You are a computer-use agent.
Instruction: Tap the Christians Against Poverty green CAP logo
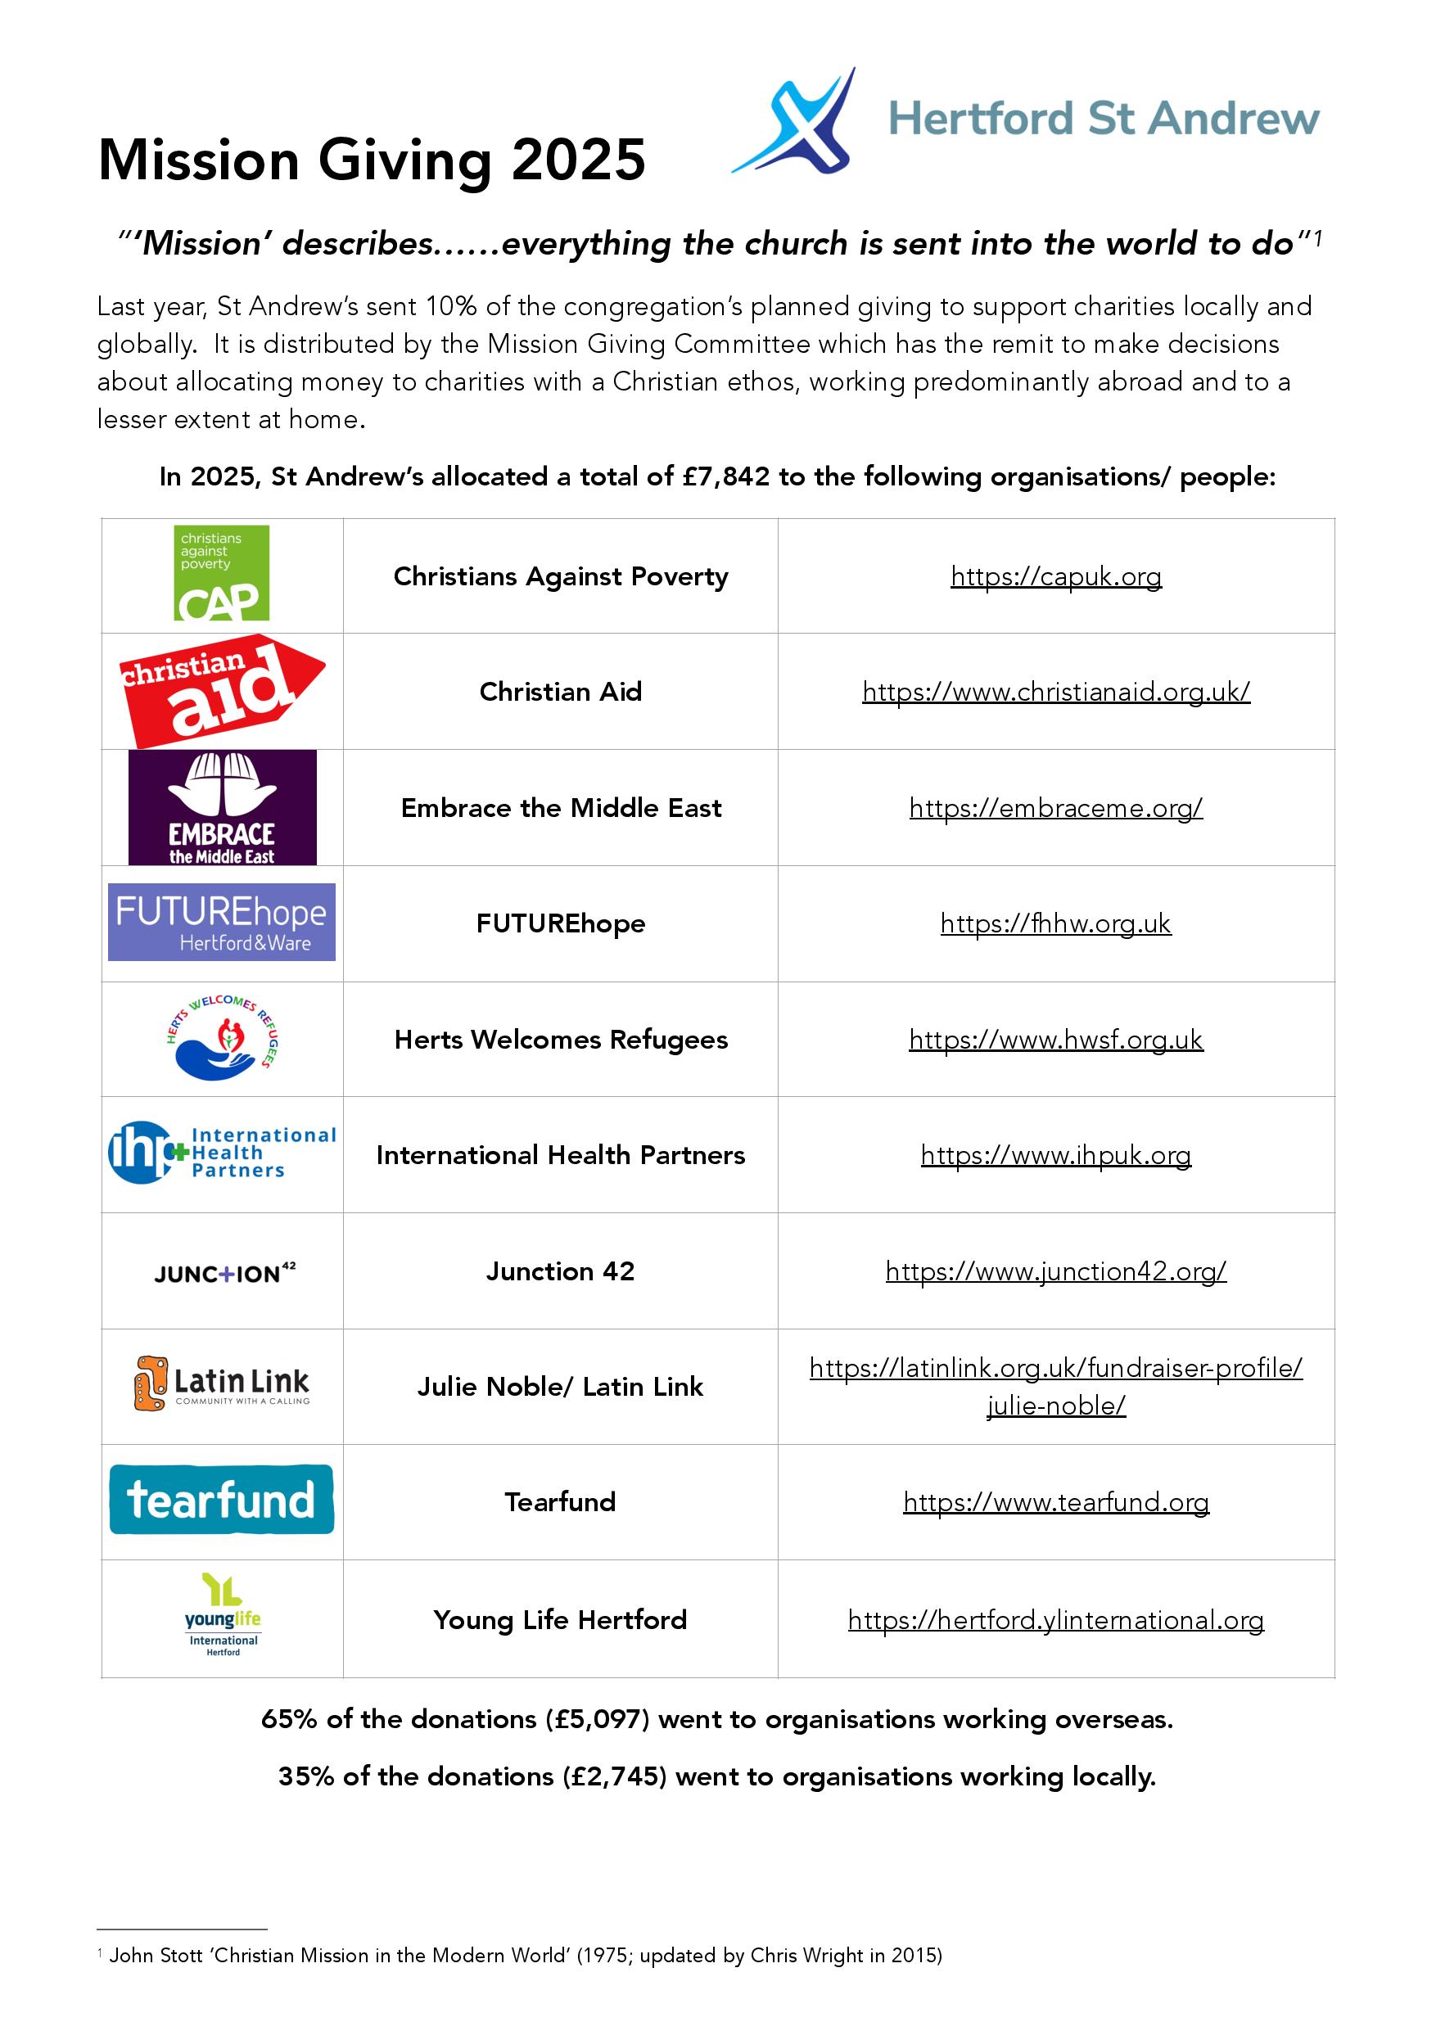click(x=221, y=573)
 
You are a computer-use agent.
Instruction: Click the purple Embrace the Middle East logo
click(x=222, y=806)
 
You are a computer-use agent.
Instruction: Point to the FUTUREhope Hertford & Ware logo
click(x=221, y=922)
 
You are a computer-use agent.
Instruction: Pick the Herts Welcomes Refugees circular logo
click(x=223, y=1039)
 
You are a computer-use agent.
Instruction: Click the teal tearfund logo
click(x=221, y=1500)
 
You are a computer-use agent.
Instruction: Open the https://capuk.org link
click(x=1055, y=577)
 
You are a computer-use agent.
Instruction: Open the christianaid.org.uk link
click(x=1055, y=692)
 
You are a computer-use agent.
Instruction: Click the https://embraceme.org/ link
click(x=1055, y=808)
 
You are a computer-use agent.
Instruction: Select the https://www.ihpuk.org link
click(x=1055, y=1154)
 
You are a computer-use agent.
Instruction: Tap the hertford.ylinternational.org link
click(x=1055, y=1620)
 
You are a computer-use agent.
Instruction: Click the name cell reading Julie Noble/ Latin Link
click(x=560, y=1386)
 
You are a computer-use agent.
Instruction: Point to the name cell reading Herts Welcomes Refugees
click(x=560, y=1040)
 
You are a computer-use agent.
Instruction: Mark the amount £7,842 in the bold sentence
click(x=725, y=476)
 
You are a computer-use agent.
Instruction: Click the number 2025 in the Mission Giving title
click(x=579, y=160)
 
